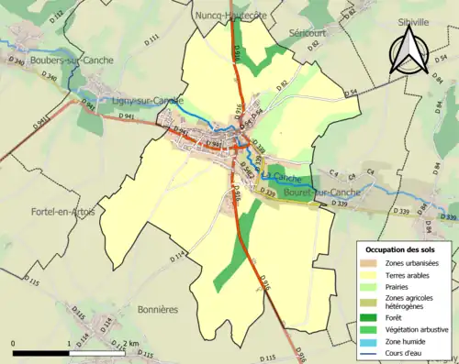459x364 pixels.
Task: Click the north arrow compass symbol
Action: (409, 50)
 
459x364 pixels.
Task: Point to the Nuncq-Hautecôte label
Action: (229, 15)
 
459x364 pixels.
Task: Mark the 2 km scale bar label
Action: (129, 344)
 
